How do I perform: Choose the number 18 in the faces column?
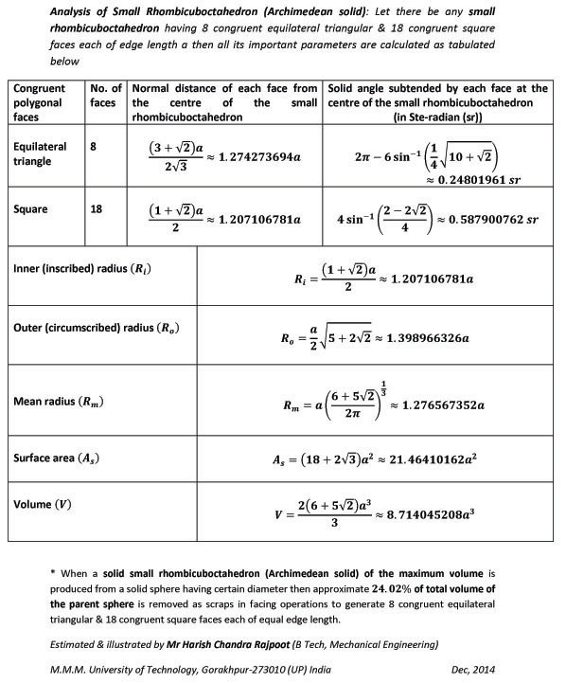point(97,207)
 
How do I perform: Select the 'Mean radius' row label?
point(58,402)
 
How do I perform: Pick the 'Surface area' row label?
point(57,458)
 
